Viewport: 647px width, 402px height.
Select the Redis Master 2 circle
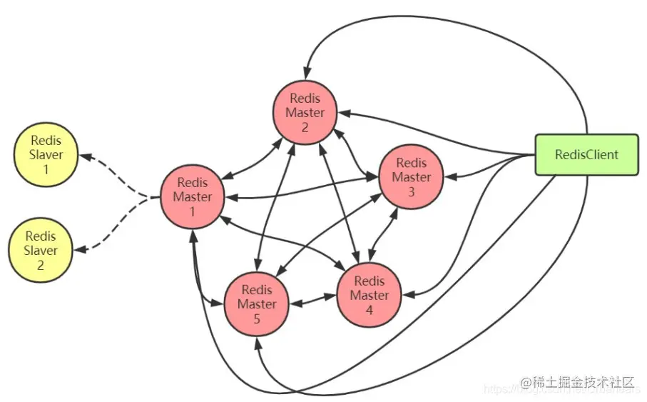click(305, 112)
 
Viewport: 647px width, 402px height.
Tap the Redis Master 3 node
click(412, 177)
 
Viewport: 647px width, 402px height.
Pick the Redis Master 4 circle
click(370, 295)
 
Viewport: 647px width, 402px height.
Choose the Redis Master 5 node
click(257, 303)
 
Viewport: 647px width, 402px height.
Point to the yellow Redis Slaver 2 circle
click(40, 251)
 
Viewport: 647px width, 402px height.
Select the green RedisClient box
click(586, 154)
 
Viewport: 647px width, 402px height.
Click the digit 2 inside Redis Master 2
click(305, 127)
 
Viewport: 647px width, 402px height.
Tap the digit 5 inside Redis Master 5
click(257, 318)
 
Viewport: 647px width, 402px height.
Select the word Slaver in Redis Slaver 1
click(44, 155)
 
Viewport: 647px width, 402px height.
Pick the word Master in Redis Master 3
click(412, 177)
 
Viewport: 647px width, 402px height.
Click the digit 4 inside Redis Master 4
click(370, 310)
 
